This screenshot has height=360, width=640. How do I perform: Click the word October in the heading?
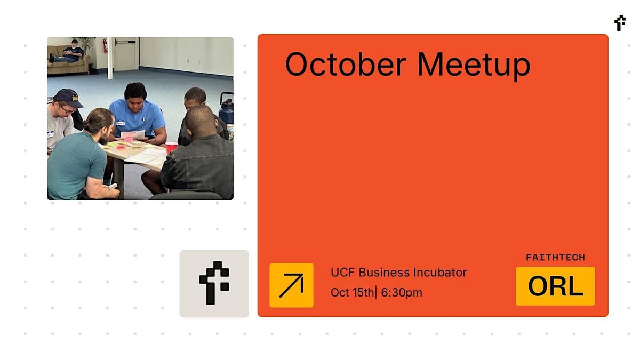coord(346,65)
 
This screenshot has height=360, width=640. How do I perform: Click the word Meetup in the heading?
coord(474,66)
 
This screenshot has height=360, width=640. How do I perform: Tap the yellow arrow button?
coord(291,285)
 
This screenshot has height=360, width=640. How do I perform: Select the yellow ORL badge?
coord(555,286)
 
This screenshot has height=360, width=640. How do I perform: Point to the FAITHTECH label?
coord(555,258)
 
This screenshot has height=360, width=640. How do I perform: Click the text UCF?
coord(343,273)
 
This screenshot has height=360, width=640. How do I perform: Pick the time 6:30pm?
coord(402,293)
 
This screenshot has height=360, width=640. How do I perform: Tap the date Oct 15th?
coord(352,293)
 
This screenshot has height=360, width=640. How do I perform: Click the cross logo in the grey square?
coord(213,283)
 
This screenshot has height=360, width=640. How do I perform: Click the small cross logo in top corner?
coord(620,23)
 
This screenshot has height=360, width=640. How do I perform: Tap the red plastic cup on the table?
coord(171,148)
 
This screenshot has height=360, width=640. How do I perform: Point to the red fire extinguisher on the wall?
coord(105,46)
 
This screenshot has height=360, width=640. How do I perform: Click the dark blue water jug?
coord(227,108)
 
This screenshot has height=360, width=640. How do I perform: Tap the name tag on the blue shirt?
coord(121,123)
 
